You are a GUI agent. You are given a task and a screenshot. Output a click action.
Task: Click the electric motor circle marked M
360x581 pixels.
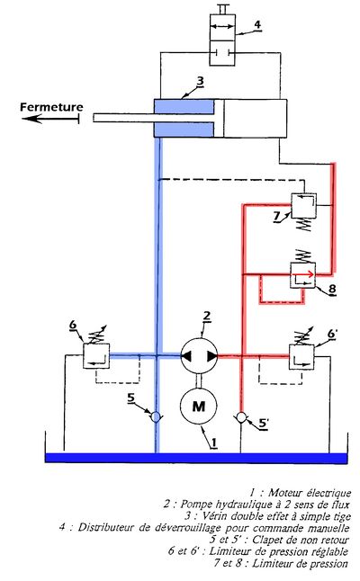click(198, 407)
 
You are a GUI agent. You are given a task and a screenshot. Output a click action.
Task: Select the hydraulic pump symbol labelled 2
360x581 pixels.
click(199, 356)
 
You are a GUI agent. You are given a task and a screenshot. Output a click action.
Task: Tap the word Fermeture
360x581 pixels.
click(51, 107)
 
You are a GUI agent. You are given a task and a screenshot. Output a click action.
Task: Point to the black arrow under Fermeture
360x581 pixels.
click(50, 119)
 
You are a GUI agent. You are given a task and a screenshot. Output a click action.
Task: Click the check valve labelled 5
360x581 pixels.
click(156, 417)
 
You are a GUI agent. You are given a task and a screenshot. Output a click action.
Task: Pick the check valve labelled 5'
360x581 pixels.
click(241, 417)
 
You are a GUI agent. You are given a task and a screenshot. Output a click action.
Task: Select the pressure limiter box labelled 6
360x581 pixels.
click(96, 356)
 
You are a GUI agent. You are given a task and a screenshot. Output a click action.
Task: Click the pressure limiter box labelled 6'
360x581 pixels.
click(301, 357)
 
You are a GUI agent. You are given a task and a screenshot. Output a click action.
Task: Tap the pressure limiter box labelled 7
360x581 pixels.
click(303, 206)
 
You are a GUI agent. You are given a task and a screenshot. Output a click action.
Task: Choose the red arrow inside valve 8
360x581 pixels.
click(303, 274)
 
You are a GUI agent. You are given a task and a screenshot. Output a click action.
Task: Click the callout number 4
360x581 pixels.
click(256, 24)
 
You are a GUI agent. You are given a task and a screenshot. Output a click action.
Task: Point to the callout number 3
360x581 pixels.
click(200, 81)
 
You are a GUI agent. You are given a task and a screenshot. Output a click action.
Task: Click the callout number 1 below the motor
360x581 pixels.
click(214, 442)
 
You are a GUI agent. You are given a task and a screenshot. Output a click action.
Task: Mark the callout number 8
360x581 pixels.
click(332, 289)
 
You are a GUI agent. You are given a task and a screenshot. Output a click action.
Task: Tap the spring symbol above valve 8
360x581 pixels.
click(303, 256)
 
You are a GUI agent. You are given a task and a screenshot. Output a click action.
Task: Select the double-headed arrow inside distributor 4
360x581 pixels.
click(222, 26)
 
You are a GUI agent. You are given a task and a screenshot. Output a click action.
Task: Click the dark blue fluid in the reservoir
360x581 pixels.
click(196, 458)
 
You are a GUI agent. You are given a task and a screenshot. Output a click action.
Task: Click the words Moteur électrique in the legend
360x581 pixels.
click(310, 493)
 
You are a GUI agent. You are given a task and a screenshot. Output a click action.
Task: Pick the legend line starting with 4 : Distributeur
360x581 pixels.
click(204, 527)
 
